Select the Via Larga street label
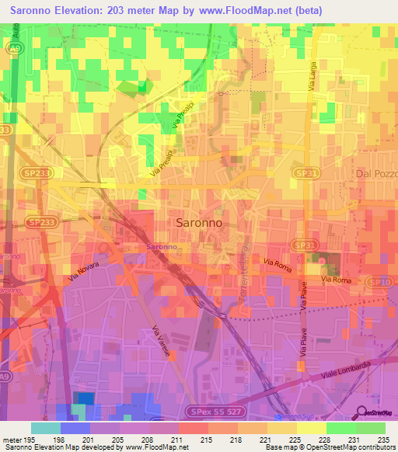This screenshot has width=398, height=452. pyautogui.click(x=312, y=78)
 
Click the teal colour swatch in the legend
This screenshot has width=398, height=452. pyautogui.click(x=45, y=428)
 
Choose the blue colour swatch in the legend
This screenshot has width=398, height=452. pyautogui.click(x=75, y=428)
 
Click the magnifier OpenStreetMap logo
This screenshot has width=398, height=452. pyautogui.click(x=359, y=412)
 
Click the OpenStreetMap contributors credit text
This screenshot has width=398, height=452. pyautogui.click(x=353, y=447)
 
